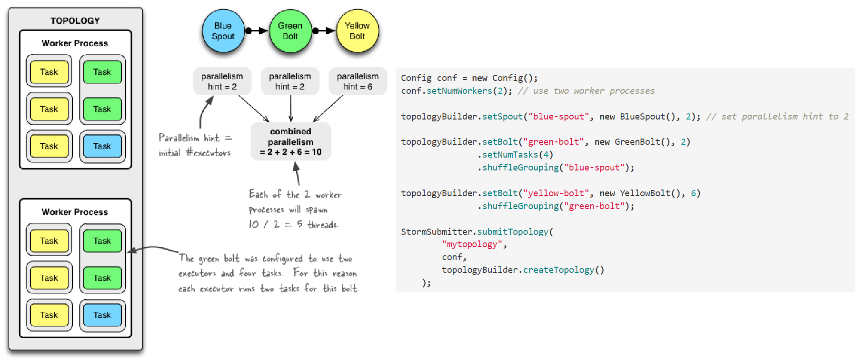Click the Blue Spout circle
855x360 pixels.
point(223,31)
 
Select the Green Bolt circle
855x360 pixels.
point(290,31)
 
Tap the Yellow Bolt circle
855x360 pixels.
point(357,31)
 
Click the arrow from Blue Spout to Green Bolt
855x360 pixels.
point(257,31)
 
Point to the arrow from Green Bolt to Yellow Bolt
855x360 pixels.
point(324,31)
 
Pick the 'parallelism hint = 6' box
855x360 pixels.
point(358,81)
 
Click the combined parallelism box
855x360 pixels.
point(290,141)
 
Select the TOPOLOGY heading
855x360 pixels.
point(75,21)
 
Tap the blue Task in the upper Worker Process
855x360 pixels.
point(102,146)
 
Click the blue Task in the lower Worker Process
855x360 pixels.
point(102,315)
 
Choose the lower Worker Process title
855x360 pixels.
point(75,212)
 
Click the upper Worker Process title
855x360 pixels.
point(75,43)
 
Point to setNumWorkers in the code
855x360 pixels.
point(459,91)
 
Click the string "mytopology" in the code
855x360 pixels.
point(472,244)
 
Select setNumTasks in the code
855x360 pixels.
point(510,155)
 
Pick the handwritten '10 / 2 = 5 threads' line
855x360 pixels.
point(293,224)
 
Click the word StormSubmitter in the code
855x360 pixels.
point(436,232)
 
